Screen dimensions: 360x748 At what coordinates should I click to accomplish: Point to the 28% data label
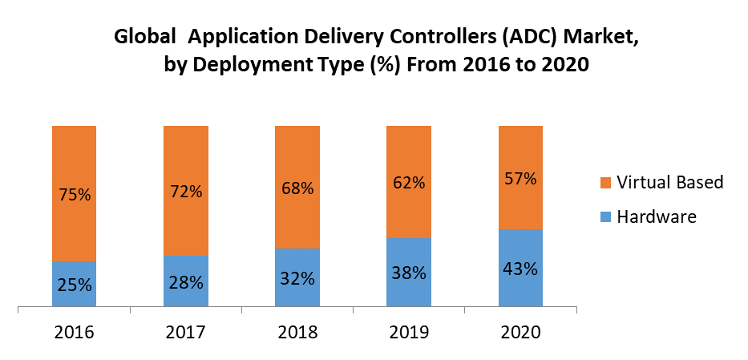(185, 282)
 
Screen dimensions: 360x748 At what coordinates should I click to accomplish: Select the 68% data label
(297, 188)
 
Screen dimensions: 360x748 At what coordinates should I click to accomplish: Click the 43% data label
(520, 269)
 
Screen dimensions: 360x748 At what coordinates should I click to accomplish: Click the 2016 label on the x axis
(74, 331)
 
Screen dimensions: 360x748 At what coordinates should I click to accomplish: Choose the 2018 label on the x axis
(297, 331)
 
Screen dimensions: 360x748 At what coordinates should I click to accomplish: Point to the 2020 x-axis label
(520, 331)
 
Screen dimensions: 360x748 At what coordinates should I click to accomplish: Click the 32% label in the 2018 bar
(297, 278)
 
